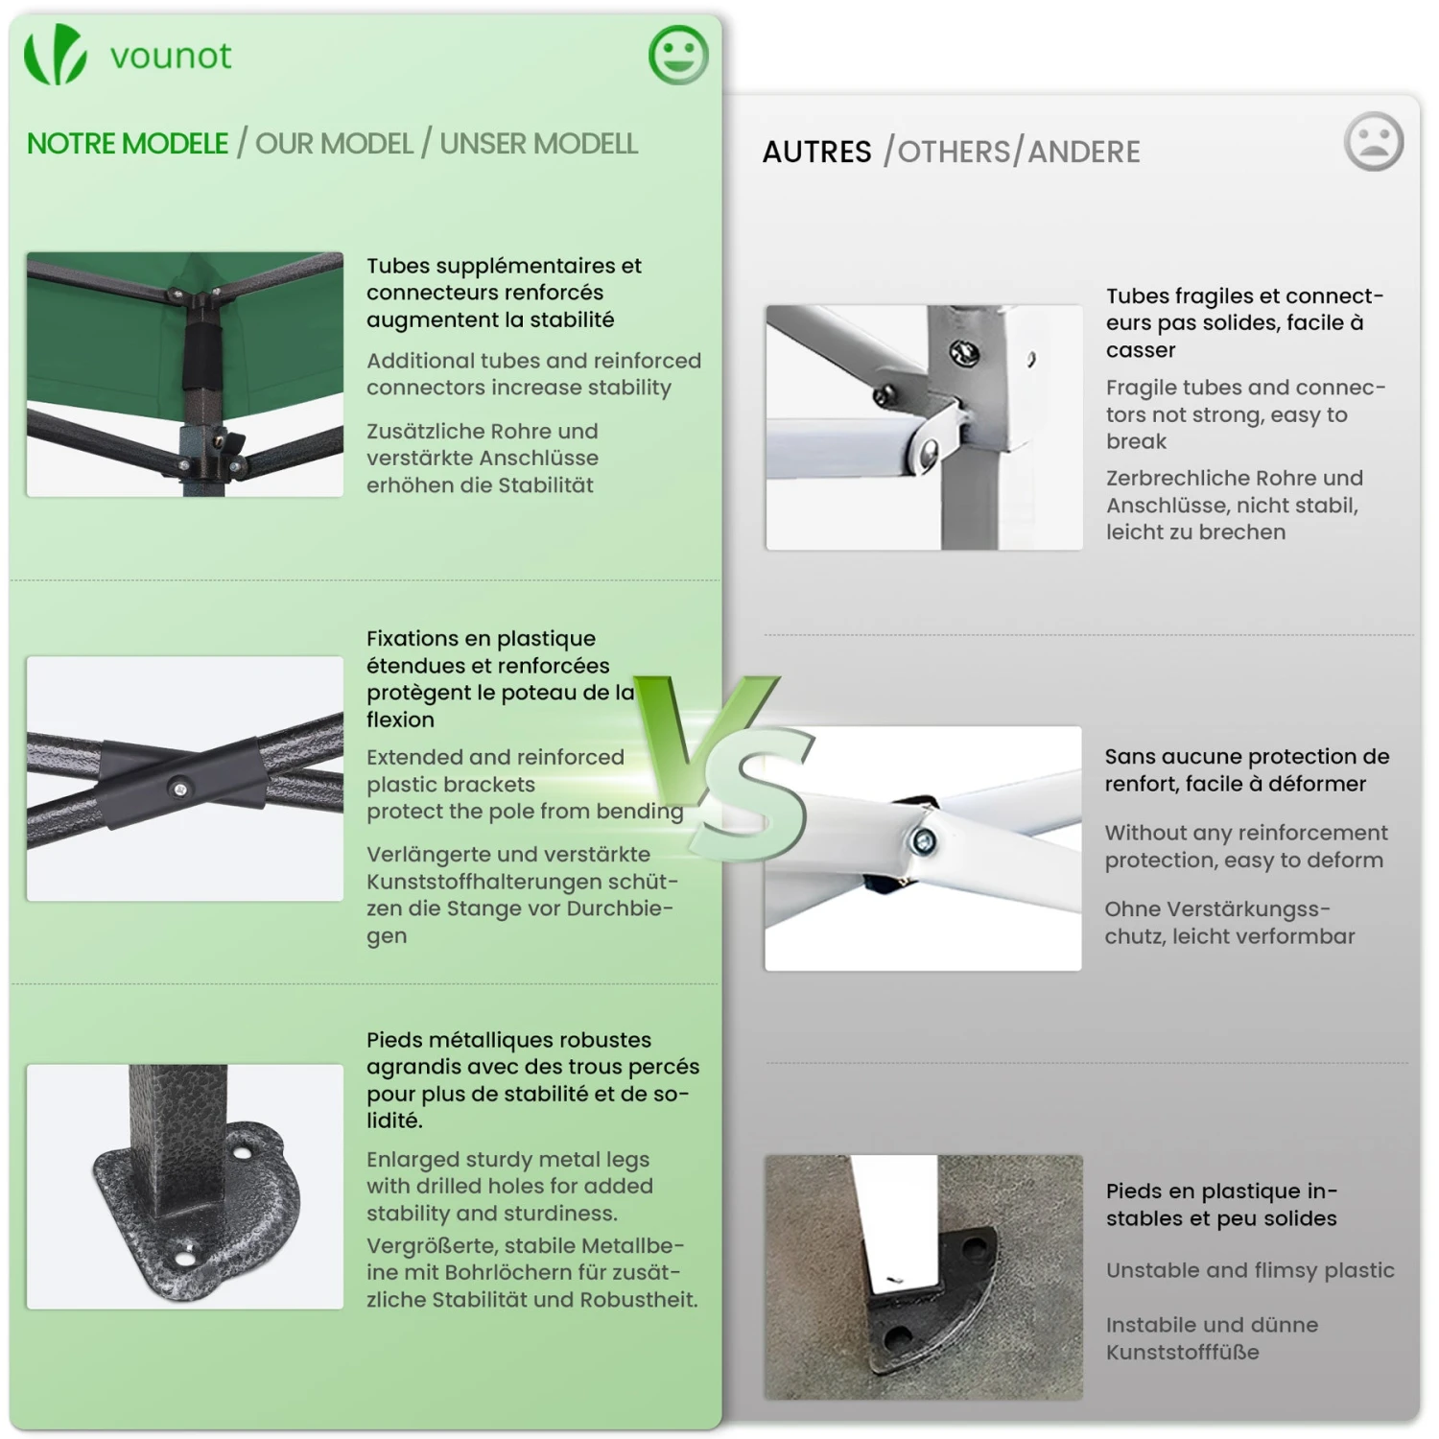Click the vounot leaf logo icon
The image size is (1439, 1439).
coord(55,55)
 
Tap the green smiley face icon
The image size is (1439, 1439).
coord(678,55)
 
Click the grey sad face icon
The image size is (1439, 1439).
coord(1374,142)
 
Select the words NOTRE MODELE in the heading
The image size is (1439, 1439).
coord(128,144)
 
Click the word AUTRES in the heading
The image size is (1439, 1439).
coord(817,152)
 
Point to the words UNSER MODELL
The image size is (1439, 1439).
coord(538,144)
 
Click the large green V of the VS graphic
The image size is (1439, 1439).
coord(704,739)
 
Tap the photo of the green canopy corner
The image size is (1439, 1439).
coord(185,374)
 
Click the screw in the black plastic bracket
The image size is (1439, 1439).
coord(179,789)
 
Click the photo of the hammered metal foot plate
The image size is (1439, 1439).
coord(185,1187)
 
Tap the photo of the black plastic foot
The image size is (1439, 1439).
coord(924,1277)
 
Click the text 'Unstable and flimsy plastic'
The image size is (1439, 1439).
coord(1250,1270)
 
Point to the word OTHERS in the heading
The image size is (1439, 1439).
coord(955,152)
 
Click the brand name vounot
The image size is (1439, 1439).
coord(171,57)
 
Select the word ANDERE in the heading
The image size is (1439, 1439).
coord(1084,152)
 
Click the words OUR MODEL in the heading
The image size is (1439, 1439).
coord(334,144)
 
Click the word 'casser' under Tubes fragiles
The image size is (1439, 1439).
coord(1141,350)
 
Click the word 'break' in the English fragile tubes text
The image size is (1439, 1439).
coord(1137,441)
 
